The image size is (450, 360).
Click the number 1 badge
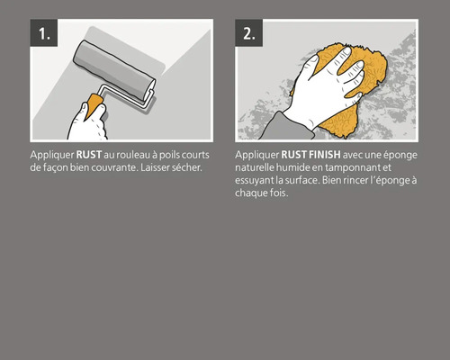[x=44, y=33]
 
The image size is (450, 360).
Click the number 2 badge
[x=250, y=33]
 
